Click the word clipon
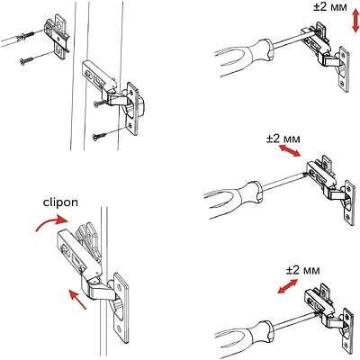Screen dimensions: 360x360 click(60, 203)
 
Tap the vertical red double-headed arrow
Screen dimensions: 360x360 click(355, 21)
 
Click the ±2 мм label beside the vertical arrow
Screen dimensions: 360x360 click(330, 7)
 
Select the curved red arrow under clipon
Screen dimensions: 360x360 click(52, 222)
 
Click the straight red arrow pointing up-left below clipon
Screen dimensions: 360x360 click(77, 299)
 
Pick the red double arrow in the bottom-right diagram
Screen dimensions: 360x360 click(287, 286)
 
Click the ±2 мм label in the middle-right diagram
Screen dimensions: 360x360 click(283, 139)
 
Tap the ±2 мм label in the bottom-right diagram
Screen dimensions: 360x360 click(302, 270)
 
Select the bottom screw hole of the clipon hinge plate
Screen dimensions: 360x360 click(120, 328)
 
